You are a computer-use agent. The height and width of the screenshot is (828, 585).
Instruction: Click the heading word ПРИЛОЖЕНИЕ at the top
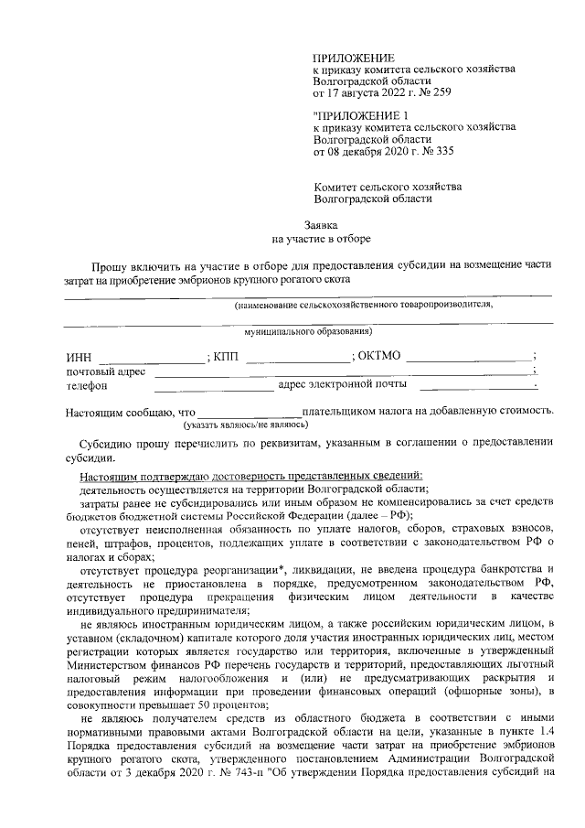349,58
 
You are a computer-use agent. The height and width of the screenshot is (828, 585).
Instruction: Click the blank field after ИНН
151,357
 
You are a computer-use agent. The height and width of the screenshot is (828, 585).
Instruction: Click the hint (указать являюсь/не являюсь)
246,425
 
